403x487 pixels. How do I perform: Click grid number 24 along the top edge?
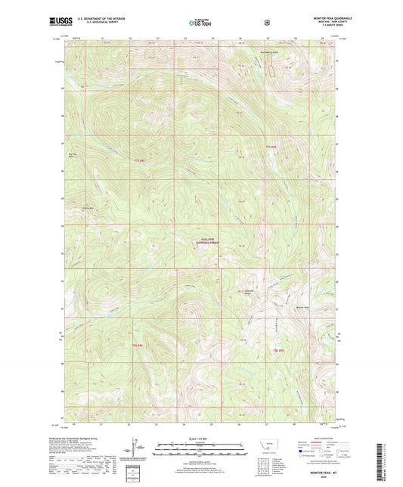[x=184, y=37]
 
